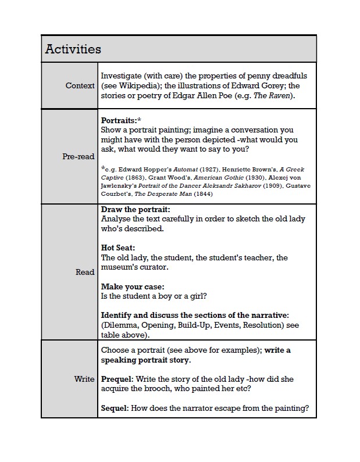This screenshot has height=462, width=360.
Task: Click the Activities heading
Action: point(73,49)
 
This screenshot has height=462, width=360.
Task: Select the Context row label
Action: point(80,85)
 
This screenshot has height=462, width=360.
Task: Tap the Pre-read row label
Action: point(79,156)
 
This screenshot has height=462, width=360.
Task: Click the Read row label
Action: point(85,272)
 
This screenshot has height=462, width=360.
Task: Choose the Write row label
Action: point(84,379)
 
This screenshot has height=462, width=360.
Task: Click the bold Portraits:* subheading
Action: point(122,120)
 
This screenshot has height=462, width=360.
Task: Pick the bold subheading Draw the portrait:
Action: point(136,209)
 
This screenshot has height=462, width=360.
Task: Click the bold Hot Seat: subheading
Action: point(119,248)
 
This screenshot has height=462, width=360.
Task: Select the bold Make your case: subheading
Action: point(133,286)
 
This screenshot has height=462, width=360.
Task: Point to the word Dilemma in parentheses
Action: point(120,325)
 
